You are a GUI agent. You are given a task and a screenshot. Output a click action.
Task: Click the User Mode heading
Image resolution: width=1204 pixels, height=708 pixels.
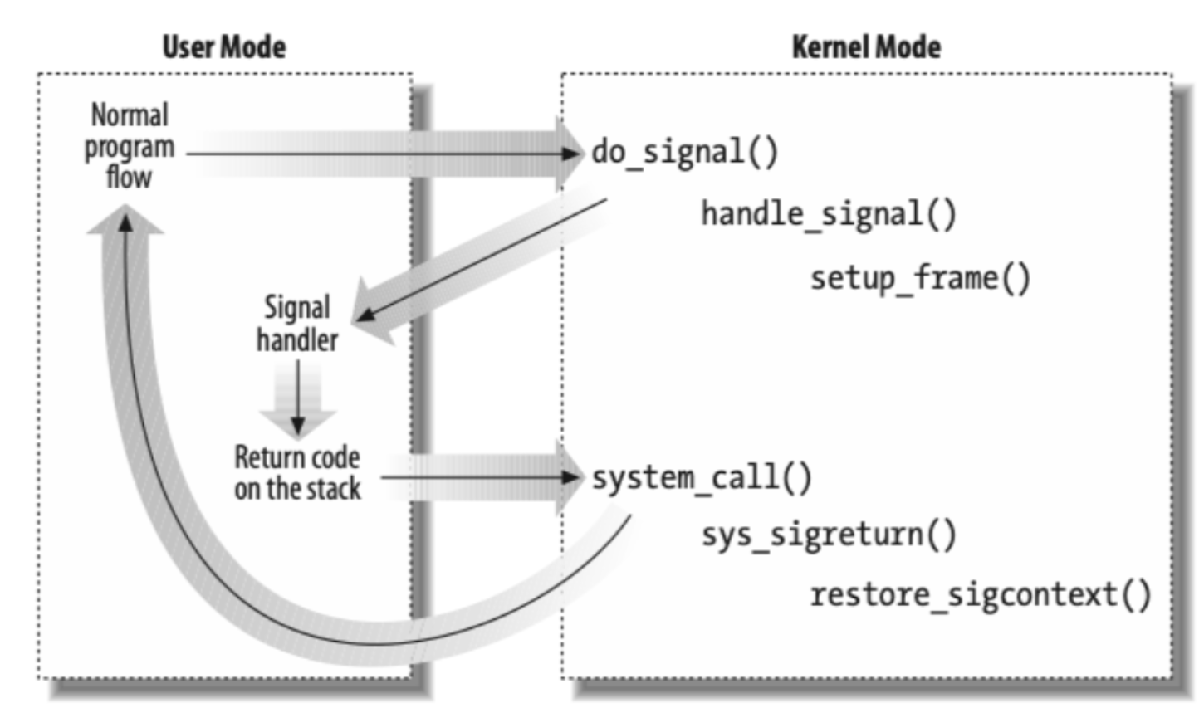click(x=223, y=46)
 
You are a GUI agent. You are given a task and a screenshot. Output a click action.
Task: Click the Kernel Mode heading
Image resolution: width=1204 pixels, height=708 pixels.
click(x=866, y=46)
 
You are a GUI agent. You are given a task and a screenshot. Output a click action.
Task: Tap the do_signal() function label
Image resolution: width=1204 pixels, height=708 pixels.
click(x=685, y=153)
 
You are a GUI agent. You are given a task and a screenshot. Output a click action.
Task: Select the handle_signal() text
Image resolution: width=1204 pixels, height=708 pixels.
click(x=829, y=214)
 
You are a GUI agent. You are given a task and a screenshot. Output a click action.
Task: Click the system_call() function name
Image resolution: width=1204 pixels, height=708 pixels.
click(x=702, y=478)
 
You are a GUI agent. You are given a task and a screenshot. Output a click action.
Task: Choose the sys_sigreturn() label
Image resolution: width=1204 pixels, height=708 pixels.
click(x=829, y=535)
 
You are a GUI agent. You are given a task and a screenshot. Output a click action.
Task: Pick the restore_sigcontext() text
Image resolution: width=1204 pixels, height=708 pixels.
click(x=981, y=595)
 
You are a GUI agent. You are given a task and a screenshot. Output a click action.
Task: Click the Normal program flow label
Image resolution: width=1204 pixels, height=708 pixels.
click(x=130, y=146)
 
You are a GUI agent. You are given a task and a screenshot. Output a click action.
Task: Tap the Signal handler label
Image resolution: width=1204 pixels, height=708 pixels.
click(x=297, y=324)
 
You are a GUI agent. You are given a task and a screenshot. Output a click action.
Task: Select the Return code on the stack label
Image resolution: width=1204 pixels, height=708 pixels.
click(x=297, y=473)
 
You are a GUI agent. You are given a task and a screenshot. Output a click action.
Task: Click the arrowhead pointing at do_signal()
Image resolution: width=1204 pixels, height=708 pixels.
click(x=572, y=154)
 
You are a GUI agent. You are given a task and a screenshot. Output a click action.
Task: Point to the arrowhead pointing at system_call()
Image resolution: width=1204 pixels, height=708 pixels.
click(x=572, y=477)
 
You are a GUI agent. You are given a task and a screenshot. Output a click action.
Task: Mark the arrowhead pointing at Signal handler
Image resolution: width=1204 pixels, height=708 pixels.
click(x=366, y=315)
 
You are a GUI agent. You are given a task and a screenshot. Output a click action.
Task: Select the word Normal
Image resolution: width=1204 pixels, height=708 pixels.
click(x=130, y=115)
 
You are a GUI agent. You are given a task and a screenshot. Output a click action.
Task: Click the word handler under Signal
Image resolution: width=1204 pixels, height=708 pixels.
click(x=297, y=340)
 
